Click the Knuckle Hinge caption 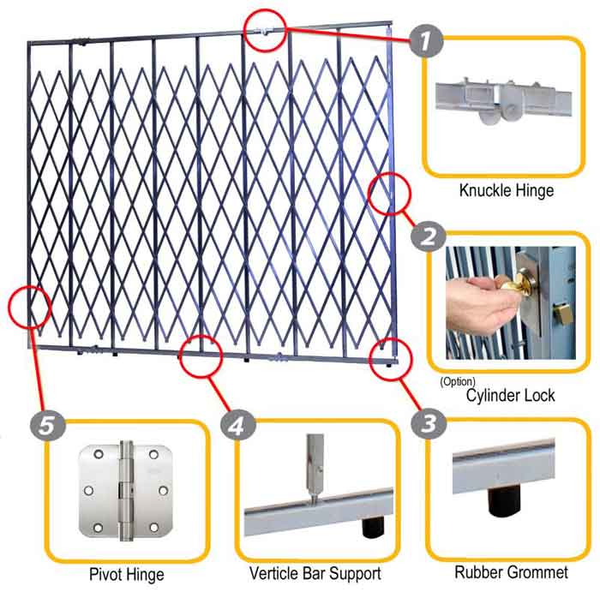click(506, 190)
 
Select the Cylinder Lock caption click(511, 395)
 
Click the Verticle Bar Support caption click(315, 572)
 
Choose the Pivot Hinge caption click(127, 572)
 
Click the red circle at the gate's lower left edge click(29, 306)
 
